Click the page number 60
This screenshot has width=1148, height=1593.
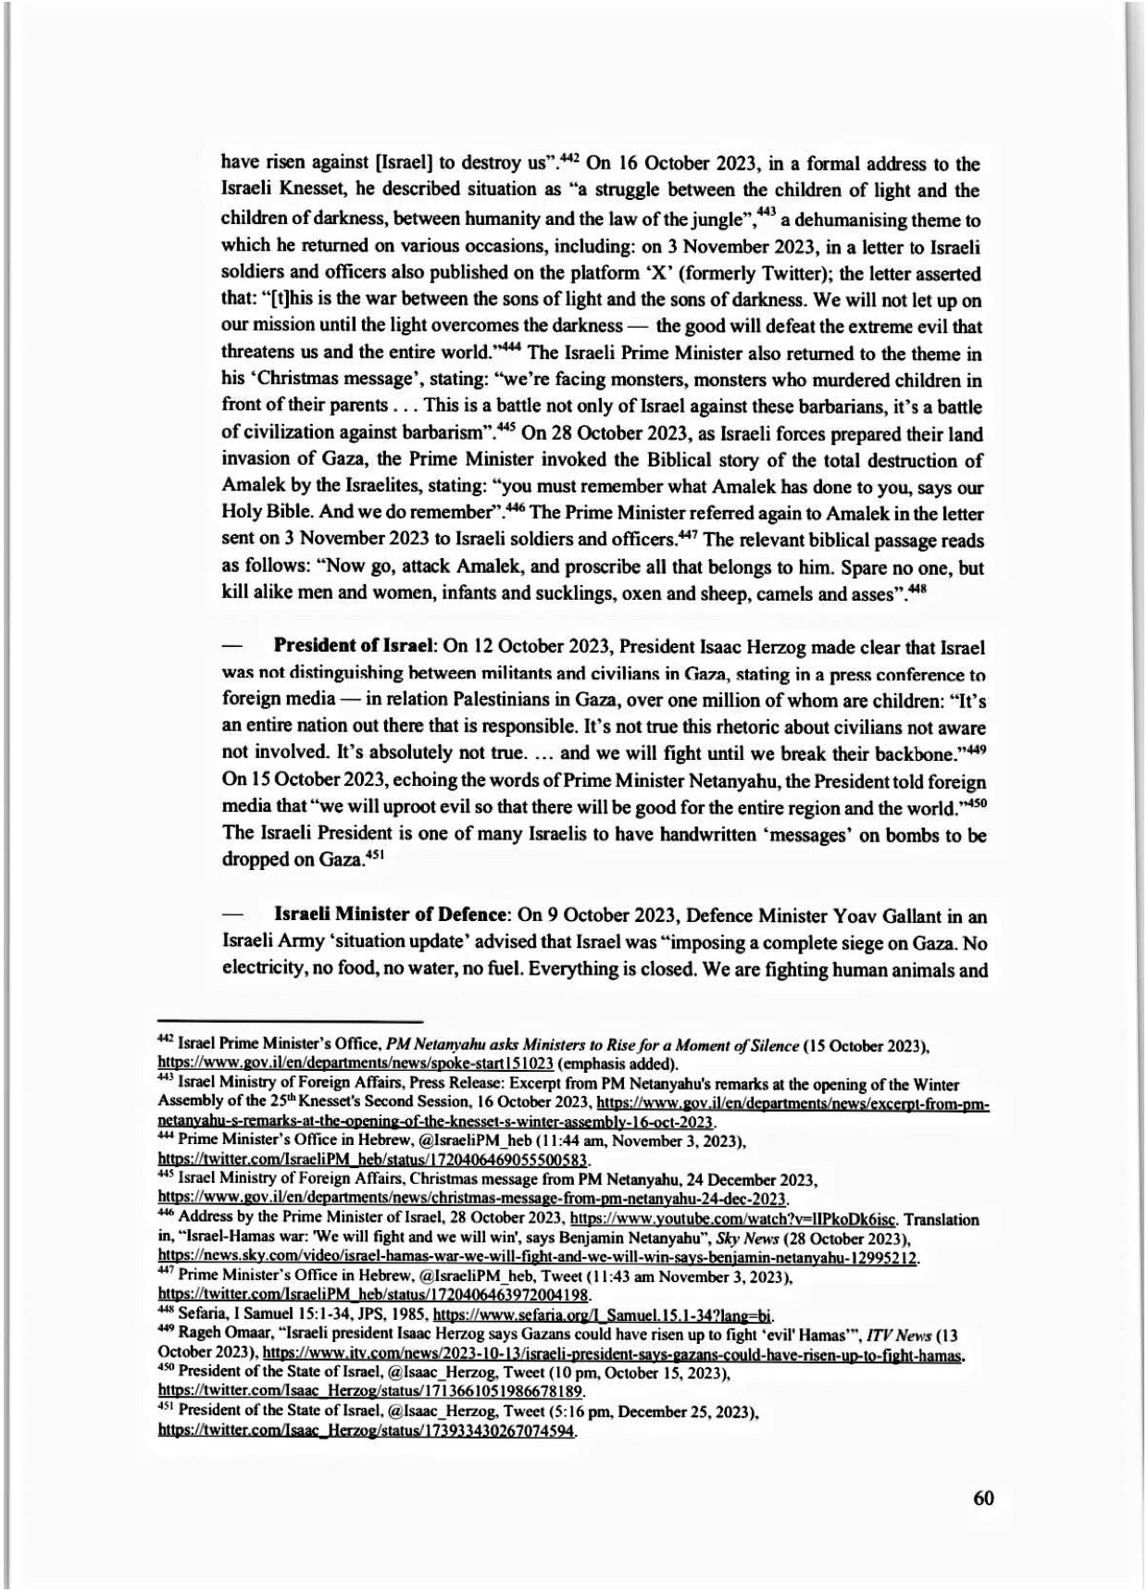(x=983, y=1497)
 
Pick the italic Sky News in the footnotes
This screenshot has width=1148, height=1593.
(x=760, y=1239)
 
